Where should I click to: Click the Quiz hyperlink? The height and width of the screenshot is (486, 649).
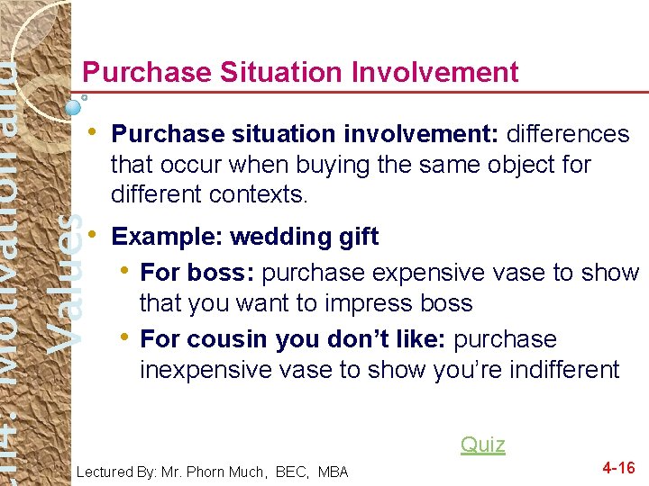pyautogui.click(x=482, y=444)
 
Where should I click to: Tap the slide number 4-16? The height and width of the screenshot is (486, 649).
pyautogui.click(x=618, y=467)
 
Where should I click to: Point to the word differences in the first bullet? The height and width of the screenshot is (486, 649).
pyautogui.click(x=568, y=134)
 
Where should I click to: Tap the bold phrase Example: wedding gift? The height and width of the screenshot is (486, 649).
pyautogui.click(x=244, y=237)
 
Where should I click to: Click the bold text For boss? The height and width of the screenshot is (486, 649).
pyautogui.click(x=197, y=272)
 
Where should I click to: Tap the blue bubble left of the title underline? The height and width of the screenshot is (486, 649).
pyautogui.click(x=74, y=106)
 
